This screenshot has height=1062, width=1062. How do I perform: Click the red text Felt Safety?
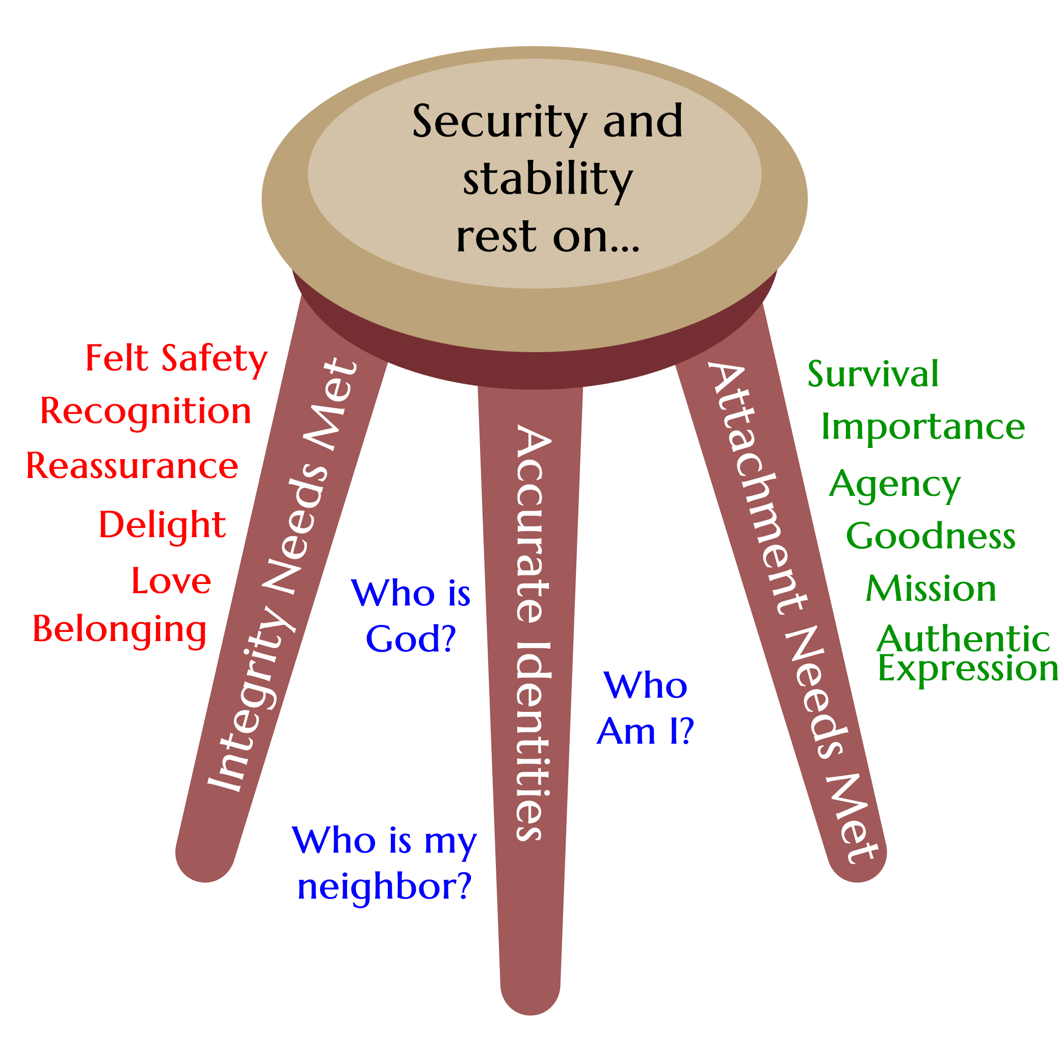(x=176, y=359)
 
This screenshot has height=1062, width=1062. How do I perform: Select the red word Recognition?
(x=146, y=412)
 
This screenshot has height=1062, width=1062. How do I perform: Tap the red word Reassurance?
(x=132, y=466)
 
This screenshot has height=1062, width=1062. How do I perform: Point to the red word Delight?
(x=162, y=525)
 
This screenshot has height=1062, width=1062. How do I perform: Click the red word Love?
(x=171, y=581)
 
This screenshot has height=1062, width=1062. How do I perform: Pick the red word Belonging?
(x=119, y=629)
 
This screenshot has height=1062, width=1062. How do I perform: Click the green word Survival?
(x=873, y=375)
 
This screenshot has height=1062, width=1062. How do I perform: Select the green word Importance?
(x=923, y=427)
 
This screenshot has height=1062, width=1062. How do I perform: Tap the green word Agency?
(x=895, y=485)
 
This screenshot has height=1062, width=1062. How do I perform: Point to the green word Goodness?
(x=931, y=536)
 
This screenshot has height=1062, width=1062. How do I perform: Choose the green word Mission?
(x=931, y=589)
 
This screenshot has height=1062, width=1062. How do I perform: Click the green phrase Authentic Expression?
(x=966, y=654)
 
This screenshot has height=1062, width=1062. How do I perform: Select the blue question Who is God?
(x=411, y=616)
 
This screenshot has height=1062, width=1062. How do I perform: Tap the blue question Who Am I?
(x=645, y=708)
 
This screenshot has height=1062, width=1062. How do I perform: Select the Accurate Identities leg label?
(x=532, y=632)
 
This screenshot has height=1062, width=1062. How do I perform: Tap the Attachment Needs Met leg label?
(x=791, y=610)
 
